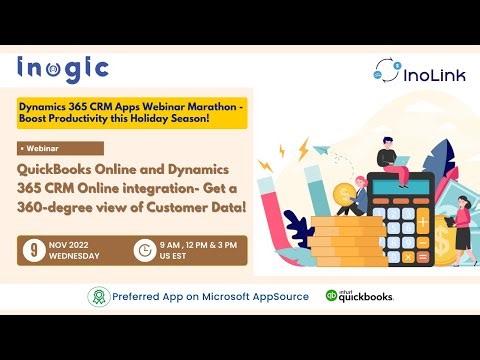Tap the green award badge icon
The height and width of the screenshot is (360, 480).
[97, 297]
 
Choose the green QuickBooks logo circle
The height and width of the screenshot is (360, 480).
[333, 297]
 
